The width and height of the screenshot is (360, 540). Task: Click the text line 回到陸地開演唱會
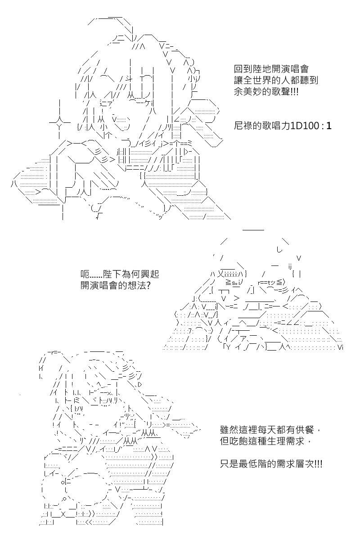tap(271, 69)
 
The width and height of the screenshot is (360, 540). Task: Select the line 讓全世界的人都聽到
tap(276, 80)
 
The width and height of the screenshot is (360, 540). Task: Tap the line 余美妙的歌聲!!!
tap(266, 92)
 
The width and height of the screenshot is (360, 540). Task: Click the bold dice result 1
tap(329, 126)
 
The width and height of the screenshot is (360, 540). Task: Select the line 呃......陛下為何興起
tap(120, 274)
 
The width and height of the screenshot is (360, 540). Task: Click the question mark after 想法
tap(148, 285)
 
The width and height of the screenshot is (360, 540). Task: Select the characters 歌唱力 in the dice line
tap(276, 126)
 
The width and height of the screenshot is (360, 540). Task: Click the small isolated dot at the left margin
tap(20, 395)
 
